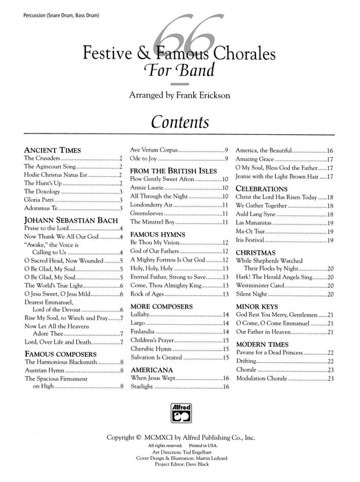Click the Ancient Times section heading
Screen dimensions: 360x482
click(x=53, y=149)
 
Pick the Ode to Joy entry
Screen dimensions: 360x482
click(x=148, y=159)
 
